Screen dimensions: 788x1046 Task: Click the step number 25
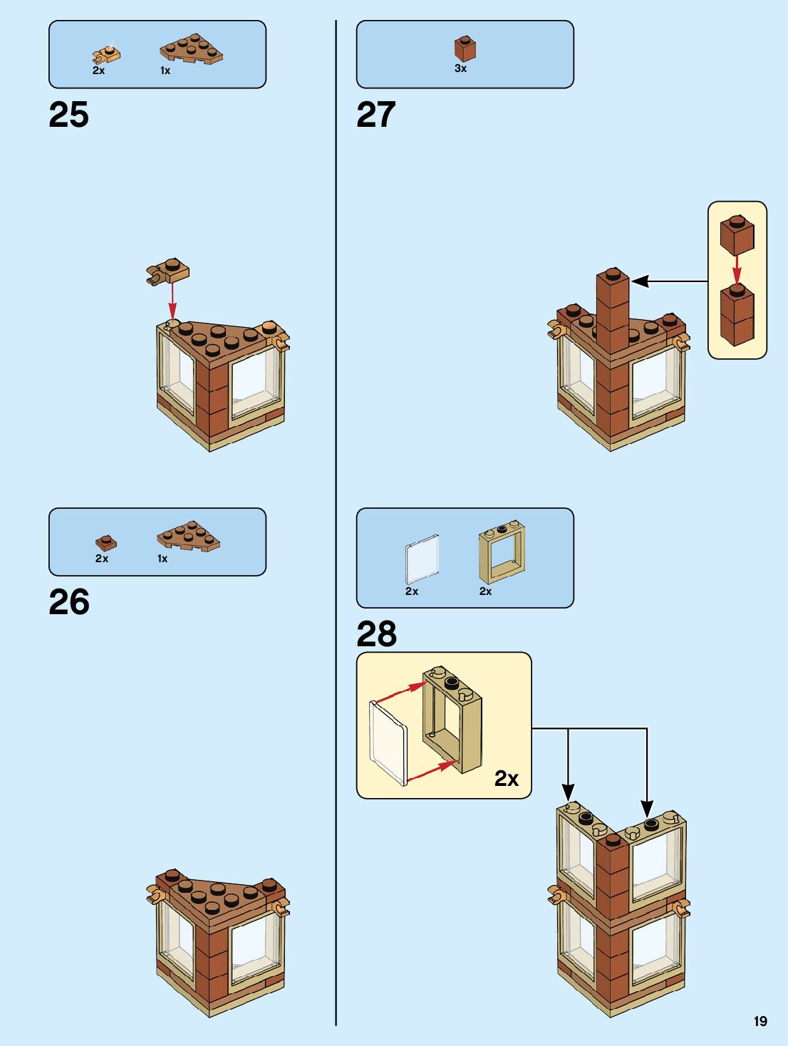[69, 115]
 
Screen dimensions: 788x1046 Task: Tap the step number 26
[69, 602]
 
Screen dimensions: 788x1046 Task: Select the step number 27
[376, 115]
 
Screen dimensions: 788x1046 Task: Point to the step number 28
[376, 633]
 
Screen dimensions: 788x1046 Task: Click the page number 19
[760, 1021]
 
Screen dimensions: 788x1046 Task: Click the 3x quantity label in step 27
[460, 68]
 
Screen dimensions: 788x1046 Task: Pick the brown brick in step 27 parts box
[465, 48]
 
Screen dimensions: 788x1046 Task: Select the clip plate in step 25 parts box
[106, 53]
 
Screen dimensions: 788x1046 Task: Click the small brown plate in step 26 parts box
[105, 543]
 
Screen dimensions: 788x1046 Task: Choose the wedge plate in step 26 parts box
[188, 535]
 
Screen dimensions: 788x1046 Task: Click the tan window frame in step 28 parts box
[502, 553]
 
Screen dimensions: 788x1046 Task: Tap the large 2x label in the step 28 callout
[506, 778]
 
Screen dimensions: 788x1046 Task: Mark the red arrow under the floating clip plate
[172, 300]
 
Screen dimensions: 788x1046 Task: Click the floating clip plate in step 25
[168, 271]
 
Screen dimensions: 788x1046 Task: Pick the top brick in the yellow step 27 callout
[737, 235]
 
